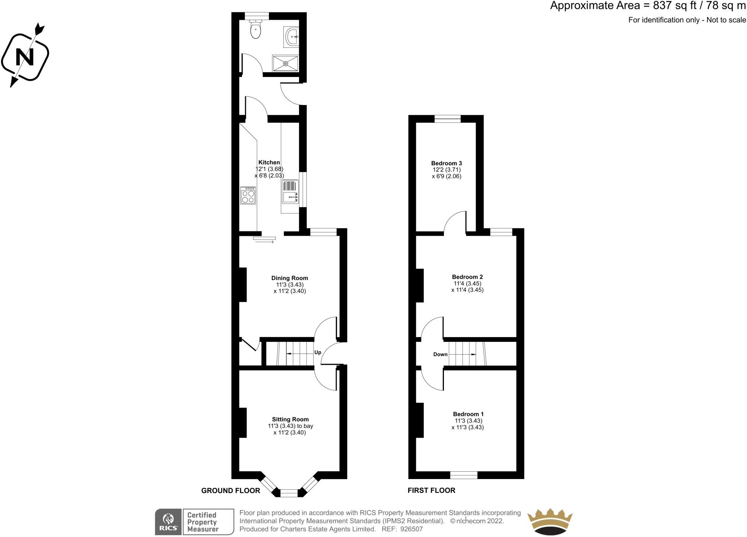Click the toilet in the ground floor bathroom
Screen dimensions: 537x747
256,30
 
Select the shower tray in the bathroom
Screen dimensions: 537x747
285,63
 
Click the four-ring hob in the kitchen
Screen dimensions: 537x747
248,196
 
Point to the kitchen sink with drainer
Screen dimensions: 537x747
290,192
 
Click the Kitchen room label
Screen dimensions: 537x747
269,162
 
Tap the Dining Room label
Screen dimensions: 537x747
290,278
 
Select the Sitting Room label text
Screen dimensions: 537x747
290,420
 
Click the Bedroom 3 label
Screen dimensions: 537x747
446,163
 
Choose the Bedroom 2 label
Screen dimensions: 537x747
467,277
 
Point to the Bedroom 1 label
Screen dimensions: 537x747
468,414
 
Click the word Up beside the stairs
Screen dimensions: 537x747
318,352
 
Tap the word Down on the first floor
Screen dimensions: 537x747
440,354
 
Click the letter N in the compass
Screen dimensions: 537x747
25,57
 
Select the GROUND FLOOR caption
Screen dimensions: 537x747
231,491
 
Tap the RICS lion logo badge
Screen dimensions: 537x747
168,522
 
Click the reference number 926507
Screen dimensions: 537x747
411,529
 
